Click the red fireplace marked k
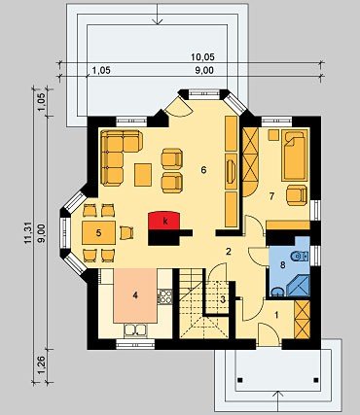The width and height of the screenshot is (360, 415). coord(164,221)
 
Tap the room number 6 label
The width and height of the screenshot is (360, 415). coord(203,170)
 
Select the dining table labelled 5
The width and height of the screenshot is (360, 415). coord(98,232)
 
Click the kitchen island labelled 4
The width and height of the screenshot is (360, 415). coord(135,295)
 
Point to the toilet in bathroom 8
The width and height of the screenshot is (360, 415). coord(300,257)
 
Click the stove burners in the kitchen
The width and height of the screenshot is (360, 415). coord(165,296)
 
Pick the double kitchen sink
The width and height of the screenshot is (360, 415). coord(135,330)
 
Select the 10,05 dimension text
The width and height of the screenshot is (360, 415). coord(202,57)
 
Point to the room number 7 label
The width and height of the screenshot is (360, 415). coord(271,195)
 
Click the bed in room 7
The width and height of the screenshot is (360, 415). coord(295,155)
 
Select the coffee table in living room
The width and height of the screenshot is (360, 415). coord(143,175)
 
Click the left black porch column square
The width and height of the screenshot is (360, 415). coord(239,380)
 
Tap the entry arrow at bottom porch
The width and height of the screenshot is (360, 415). coord(277,402)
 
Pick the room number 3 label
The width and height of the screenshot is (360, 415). coord(223,299)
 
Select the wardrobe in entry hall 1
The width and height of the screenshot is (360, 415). coord(303,320)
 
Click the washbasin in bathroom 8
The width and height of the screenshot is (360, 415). coord(276,292)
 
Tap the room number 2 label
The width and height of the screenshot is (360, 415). coord(229,252)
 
